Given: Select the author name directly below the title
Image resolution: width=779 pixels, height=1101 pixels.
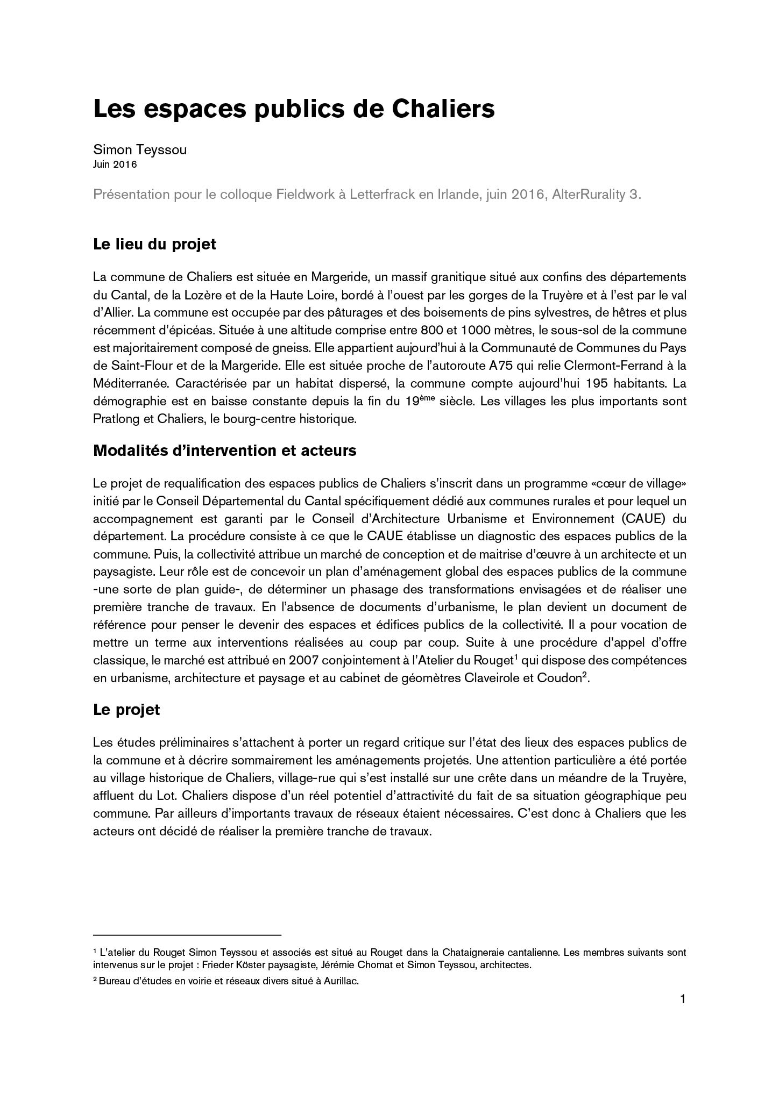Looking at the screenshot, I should click(x=140, y=150).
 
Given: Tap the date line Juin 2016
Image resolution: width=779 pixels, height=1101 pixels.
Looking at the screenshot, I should click(x=115, y=165).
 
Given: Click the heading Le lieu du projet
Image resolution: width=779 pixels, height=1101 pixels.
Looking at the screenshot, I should click(x=154, y=244).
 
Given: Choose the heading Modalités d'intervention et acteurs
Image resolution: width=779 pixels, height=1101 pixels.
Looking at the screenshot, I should click(x=224, y=451).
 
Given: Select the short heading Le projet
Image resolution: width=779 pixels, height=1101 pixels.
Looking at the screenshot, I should click(x=126, y=710).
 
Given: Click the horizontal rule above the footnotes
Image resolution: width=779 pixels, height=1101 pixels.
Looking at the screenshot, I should click(x=187, y=935).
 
